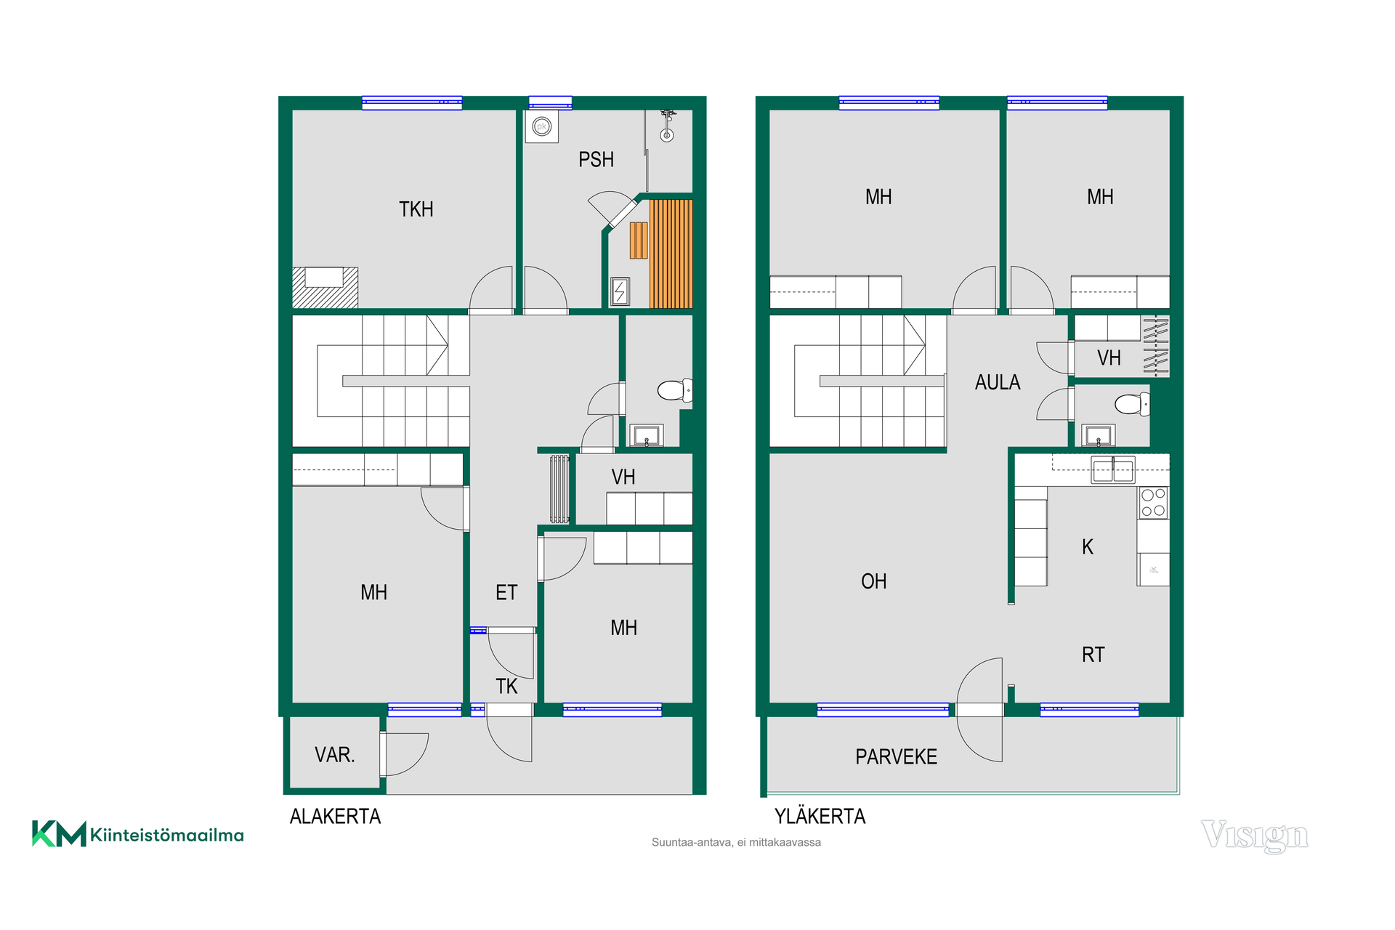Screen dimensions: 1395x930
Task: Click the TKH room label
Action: [x=416, y=209]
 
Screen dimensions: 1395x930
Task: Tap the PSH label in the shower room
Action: [x=596, y=160]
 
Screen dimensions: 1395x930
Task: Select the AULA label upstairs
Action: [x=998, y=382]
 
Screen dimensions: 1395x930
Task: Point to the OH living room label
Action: [x=874, y=581]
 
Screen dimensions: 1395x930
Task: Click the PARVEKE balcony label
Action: [x=896, y=757]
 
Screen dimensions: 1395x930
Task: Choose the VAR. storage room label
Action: [x=334, y=755]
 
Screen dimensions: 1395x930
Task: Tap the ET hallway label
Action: [x=506, y=593]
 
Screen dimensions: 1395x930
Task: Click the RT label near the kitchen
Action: [x=1093, y=655]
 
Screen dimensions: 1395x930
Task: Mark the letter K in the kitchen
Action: [x=1088, y=546]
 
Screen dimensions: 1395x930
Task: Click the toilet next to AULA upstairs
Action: [x=1132, y=404]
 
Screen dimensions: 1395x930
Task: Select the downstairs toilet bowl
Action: [x=675, y=390]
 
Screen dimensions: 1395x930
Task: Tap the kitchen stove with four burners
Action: [x=1153, y=502]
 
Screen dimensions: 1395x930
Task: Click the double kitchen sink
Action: [x=1113, y=470]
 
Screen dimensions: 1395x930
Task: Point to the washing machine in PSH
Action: [x=541, y=127]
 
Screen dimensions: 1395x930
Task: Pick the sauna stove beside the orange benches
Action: [x=620, y=291]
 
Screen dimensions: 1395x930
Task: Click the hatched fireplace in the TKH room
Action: [x=325, y=288]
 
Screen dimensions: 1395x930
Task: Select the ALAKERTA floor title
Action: [x=335, y=817]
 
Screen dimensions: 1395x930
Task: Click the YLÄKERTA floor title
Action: [x=820, y=817]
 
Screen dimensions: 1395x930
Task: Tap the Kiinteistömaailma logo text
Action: [x=167, y=836]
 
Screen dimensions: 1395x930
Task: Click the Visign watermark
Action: [x=1255, y=836]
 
